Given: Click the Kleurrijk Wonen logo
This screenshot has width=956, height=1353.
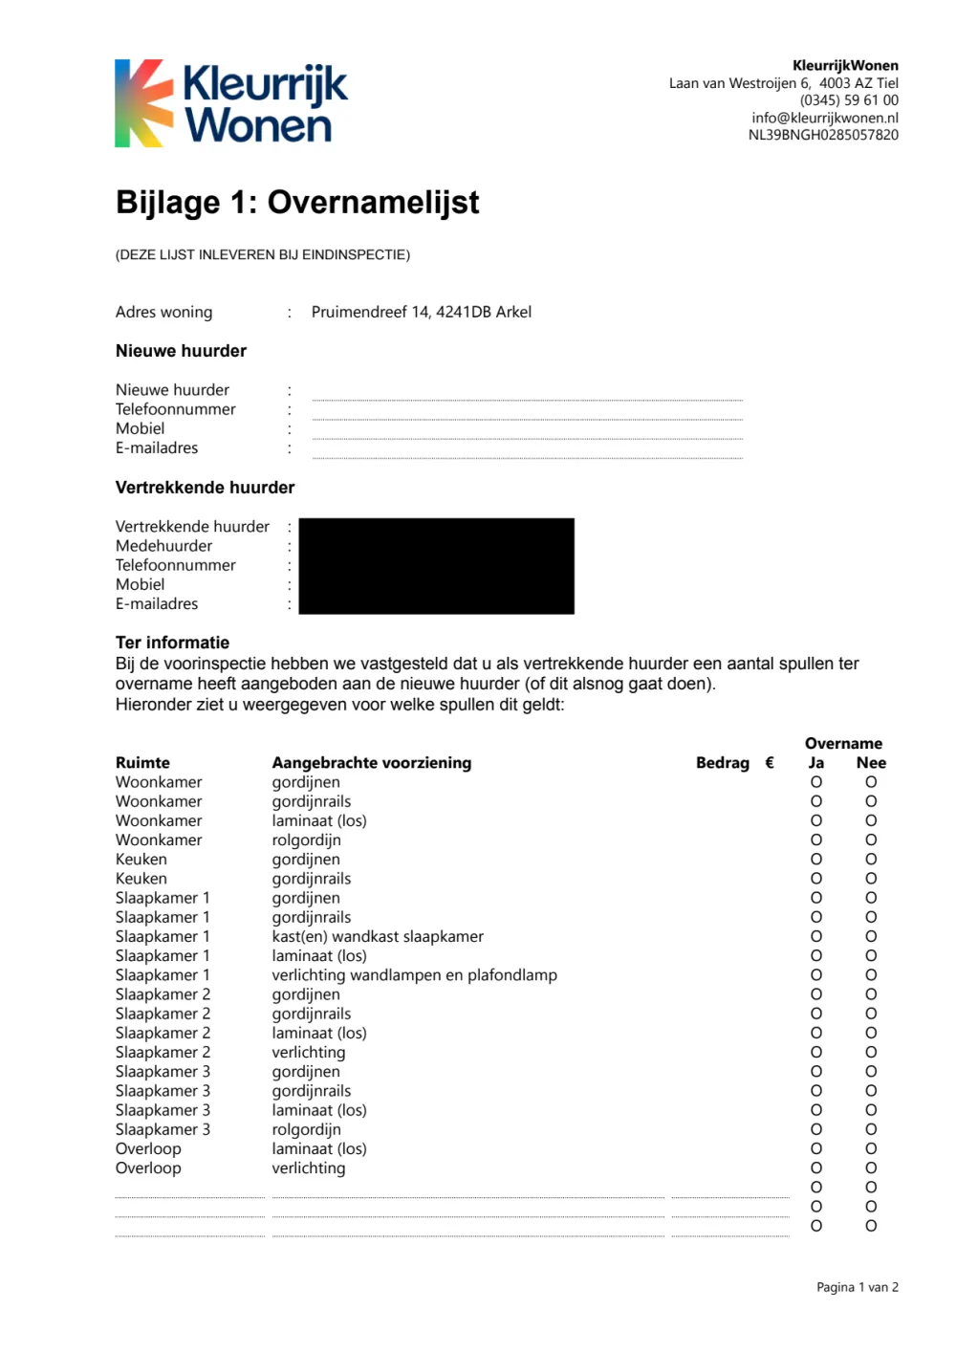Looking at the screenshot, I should click(x=230, y=103).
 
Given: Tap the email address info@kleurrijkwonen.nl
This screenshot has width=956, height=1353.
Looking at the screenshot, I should click(x=824, y=118).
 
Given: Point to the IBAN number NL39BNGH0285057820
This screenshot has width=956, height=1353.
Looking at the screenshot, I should click(x=822, y=135).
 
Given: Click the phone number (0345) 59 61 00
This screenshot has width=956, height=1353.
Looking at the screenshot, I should click(x=849, y=100).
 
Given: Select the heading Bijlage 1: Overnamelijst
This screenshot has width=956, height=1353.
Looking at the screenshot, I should click(x=297, y=203).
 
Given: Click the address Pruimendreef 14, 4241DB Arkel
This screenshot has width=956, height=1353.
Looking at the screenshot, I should click(x=421, y=312).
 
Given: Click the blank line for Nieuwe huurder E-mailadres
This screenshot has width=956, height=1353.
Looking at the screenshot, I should click(x=527, y=454).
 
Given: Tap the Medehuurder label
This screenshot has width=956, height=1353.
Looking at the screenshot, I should click(x=163, y=546).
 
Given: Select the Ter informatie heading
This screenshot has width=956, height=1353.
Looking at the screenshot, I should click(x=172, y=643).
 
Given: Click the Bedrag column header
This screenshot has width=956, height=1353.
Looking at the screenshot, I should click(x=722, y=763).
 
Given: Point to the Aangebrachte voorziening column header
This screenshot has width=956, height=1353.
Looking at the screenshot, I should click(x=371, y=763).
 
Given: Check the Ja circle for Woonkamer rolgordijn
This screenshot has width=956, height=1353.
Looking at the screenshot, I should click(x=816, y=840).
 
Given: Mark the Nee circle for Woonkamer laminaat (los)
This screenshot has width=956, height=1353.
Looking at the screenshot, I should click(x=871, y=820).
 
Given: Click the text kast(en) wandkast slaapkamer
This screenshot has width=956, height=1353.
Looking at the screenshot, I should click(x=378, y=936).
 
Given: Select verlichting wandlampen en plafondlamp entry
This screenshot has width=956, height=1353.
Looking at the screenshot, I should click(x=414, y=975).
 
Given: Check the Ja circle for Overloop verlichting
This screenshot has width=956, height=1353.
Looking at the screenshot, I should click(x=816, y=1168).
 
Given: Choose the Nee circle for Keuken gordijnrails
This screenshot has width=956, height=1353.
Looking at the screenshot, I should click(x=871, y=878).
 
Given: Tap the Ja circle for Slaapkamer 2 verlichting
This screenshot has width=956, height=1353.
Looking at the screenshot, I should click(x=816, y=1052).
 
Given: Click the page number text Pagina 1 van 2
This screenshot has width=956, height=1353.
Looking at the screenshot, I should click(x=857, y=1287).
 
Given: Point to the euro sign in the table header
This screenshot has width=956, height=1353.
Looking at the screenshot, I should click(x=770, y=763).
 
